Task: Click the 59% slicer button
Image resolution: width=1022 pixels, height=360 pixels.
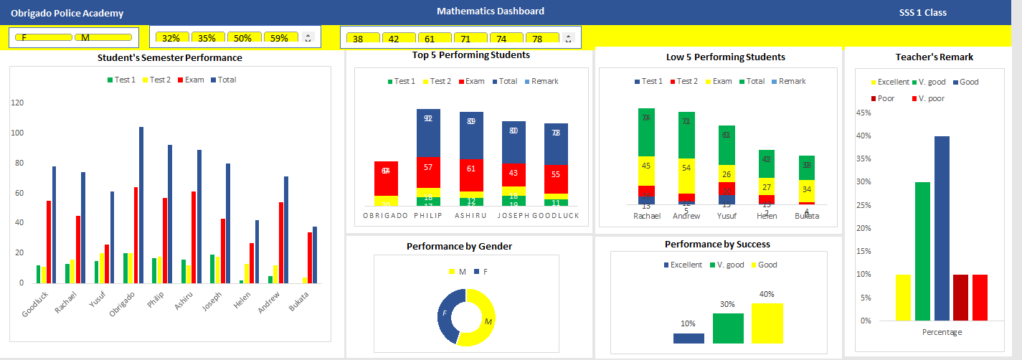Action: click(280, 38)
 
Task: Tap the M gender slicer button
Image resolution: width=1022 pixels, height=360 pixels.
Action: click(102, 37)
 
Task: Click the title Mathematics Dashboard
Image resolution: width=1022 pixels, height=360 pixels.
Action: click(490, 11)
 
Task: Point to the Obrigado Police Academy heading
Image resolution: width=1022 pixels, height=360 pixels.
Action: click(67, 14)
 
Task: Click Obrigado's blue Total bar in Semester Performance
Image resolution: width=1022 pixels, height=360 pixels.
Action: click(141, 205)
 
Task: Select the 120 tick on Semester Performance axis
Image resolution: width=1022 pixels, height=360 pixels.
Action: click(17, 103)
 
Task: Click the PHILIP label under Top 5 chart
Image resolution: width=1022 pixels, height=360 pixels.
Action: click(428, 215)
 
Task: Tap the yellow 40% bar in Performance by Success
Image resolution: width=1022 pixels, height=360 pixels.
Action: click(767, 323)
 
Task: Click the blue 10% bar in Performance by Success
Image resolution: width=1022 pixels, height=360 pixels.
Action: click(689, 338)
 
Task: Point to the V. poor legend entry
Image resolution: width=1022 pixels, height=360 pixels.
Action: click(929, 98)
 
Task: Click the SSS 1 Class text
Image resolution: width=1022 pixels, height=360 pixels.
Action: click(922, 13)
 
